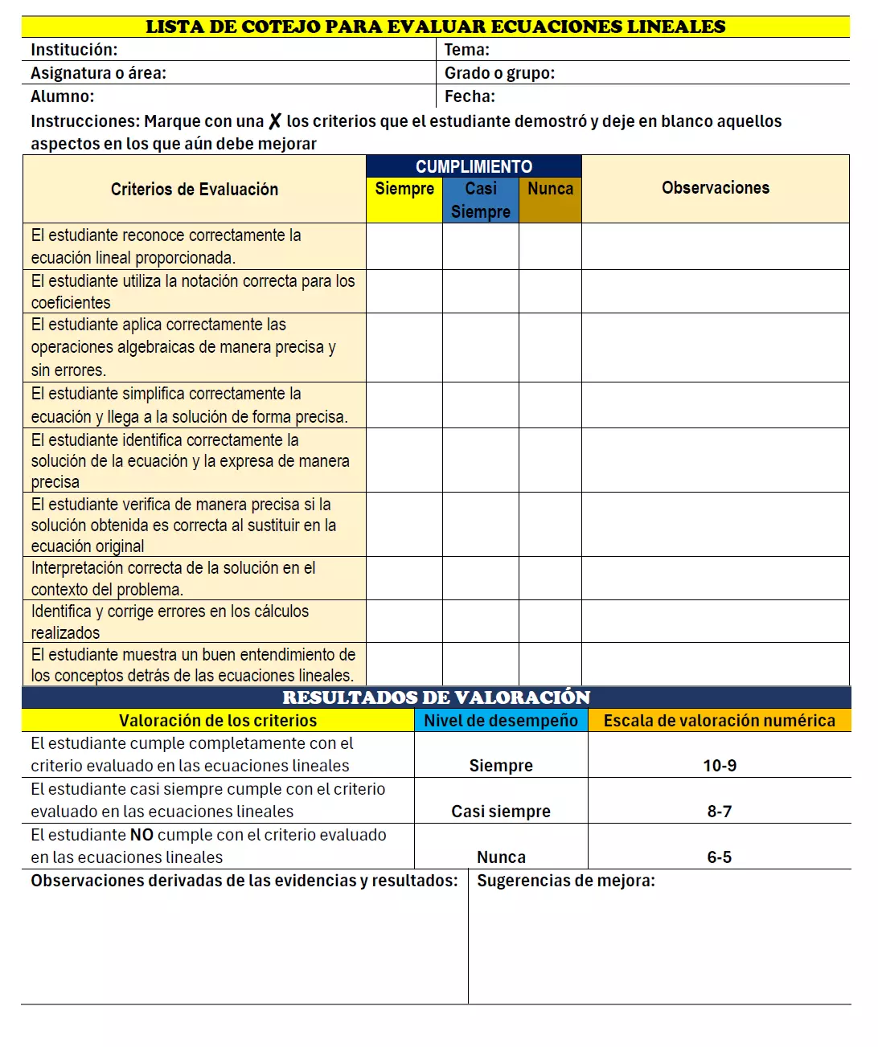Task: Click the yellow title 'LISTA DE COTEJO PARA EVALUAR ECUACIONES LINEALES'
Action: coord(435,27)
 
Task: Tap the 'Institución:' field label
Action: coord(74,50)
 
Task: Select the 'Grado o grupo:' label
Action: coord(499,73)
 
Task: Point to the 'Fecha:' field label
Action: coord(470,96)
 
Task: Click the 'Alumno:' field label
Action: coord(63,96)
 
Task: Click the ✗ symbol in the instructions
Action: coord(275,121)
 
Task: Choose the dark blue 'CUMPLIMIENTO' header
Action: coord(474,166)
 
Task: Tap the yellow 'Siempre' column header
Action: coord(404,189)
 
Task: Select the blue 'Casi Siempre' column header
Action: coord(480,200)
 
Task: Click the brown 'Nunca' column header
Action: coord(550,189)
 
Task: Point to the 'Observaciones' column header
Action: coord(715,188)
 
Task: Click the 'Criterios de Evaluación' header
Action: coord(195,190)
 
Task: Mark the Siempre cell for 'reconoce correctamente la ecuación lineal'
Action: coord(404,246)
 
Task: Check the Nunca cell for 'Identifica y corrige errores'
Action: coord(550,621)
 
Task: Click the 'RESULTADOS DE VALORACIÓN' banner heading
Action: coord(436,697)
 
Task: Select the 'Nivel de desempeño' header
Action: coord(501,721)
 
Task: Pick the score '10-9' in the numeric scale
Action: coord(719,766)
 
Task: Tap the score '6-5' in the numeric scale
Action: coord(719,857)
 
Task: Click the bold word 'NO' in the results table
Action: coord(142,835)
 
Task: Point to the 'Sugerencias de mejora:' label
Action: coord(565,881)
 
